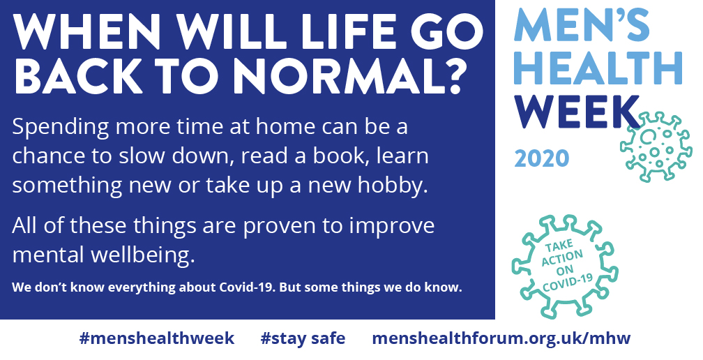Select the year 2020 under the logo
(542, 158)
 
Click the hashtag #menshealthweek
(156, 338)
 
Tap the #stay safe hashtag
(303, 338)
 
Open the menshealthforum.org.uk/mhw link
(501, 338)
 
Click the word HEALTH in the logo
(598, 68)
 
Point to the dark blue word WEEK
(577, 112)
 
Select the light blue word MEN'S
(582, 25)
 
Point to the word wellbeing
(143, 255)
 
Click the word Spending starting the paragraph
(61, 128)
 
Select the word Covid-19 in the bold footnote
(246, 287)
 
